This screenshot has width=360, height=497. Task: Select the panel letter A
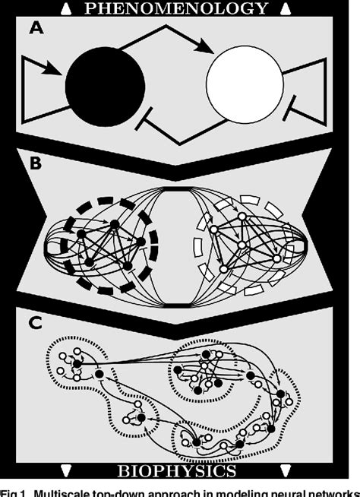click(x=36, y=30)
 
